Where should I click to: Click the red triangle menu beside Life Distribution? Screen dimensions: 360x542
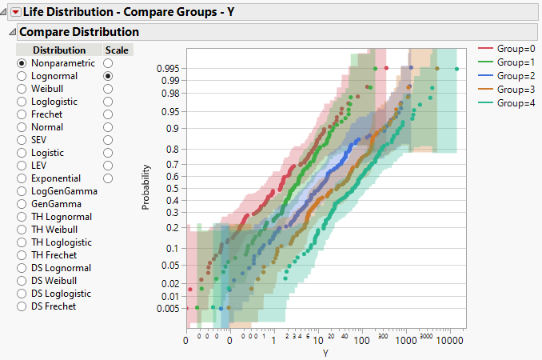pyautogui.click(x=14, y=12)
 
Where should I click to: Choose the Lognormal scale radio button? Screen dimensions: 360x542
pyautogui.click(x=108, y=76)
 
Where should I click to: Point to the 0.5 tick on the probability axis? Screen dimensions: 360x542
pyautogui.click(x=172, y=189)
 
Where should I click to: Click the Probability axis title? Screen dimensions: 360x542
pyautogui.click(x=146, y=187)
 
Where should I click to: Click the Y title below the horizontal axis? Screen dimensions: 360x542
pyautogui.click(x=325, y=353)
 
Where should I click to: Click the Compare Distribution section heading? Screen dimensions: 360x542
pyautogui.click(x=78, y=32)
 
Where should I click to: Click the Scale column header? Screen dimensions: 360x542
pyautogui.click(x=117, y=50)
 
